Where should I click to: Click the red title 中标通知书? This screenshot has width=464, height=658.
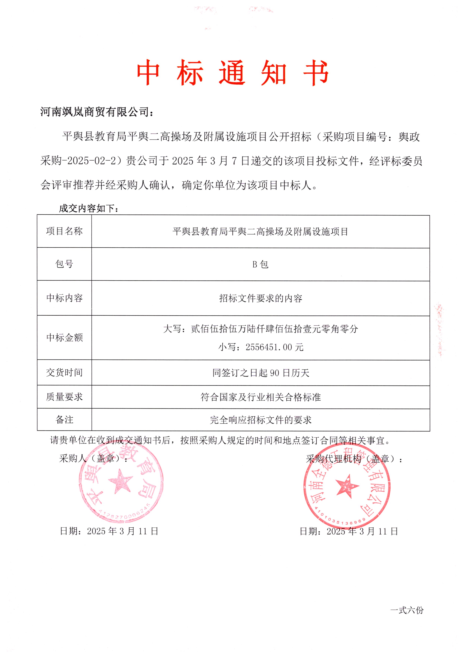232,73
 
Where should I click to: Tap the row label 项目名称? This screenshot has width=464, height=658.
64,231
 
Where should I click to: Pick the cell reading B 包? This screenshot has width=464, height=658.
260,264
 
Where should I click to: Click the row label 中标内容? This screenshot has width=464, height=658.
64,298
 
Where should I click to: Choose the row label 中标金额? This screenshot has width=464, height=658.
64,338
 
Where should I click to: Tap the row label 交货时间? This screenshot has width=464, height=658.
64,373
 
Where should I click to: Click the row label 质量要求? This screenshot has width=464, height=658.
64,397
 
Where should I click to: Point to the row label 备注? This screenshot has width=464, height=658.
64,420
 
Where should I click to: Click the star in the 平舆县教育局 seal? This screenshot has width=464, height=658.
120,481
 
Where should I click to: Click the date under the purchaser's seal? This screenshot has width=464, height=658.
109,531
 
